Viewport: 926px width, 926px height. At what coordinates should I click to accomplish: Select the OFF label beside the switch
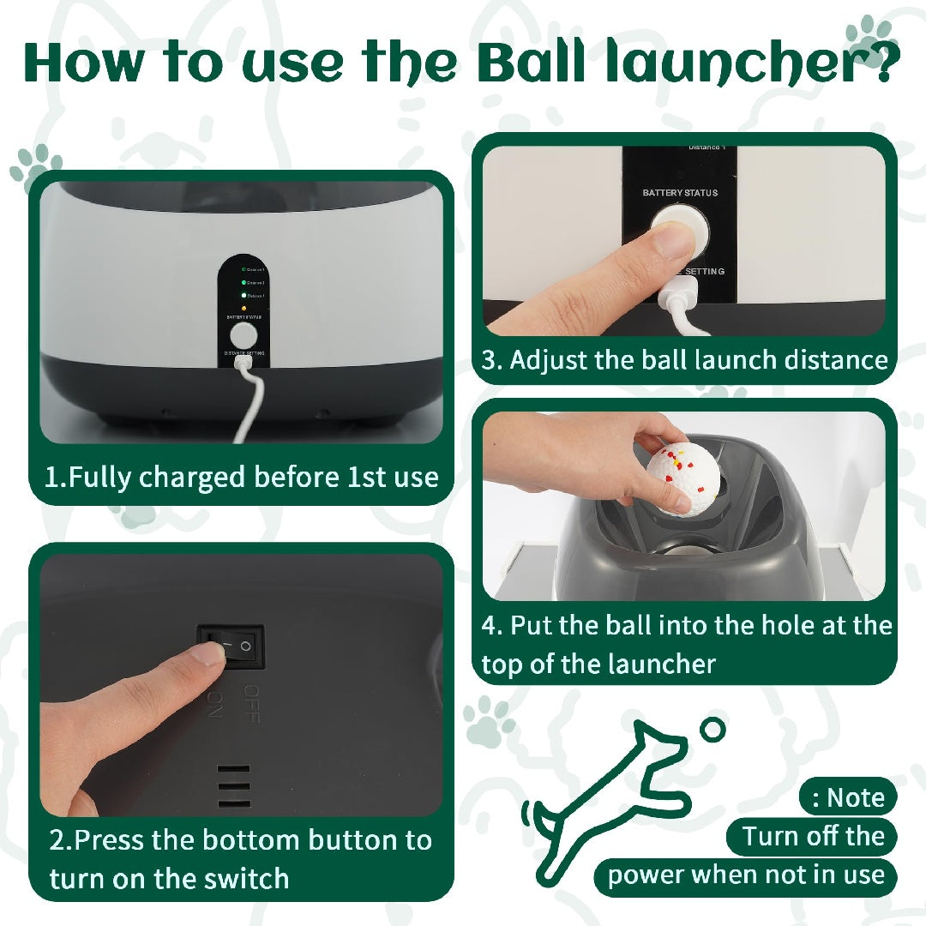tap(251, 703)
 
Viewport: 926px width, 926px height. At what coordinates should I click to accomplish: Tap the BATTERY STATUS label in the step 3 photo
tap(680, 193)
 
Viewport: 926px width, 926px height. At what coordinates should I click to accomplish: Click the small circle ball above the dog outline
tap(712, 730)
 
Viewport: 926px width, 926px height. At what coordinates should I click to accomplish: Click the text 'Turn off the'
tap(812, 836)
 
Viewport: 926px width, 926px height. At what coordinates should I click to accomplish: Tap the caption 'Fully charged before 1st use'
tap(241, 477)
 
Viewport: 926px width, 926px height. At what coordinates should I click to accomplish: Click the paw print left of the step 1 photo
tap(36, 165)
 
